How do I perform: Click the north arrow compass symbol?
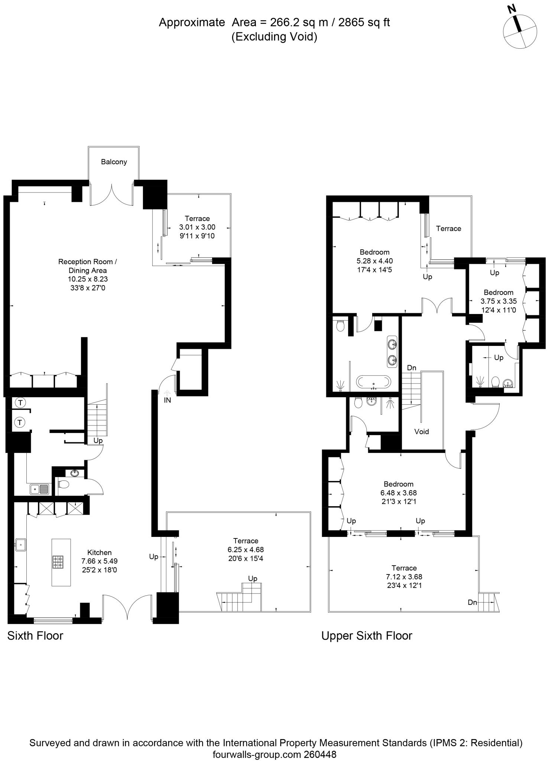click(520, 31)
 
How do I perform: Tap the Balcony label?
click(114, 162)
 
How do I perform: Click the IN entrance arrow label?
click(168, 400)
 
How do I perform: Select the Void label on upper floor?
click(421, 431)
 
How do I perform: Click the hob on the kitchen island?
click(58, 562)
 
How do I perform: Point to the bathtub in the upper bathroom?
click(373, 382)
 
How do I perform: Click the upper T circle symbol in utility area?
click(20, 402)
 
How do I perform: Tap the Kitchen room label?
click(99, 553)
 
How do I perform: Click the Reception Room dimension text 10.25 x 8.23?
click(88, 279)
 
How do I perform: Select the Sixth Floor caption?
click(35, 635)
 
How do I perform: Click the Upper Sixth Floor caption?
click(367, 635)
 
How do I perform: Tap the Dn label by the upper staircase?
click(412, 368)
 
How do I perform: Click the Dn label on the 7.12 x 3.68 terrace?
click(472, 602)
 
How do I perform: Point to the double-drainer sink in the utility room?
click(40, 489)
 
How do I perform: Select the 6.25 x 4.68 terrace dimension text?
click(246, 550)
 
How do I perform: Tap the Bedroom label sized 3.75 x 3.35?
click(498, 292)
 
